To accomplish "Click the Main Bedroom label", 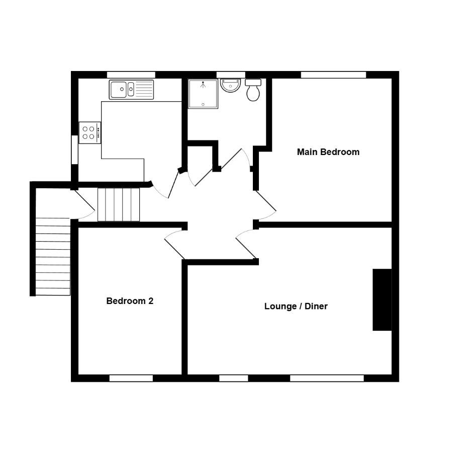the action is coord(328,152).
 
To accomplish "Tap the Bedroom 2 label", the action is coord(130,301).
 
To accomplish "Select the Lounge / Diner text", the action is coord(296,306).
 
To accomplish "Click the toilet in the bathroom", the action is coord(253,90).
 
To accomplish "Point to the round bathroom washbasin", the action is coord(230,85).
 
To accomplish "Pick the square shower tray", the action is coord(203,94).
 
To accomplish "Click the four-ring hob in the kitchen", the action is coord(90,133).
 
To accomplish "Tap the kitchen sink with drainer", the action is coord(131,90).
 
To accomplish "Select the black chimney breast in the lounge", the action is coord(382,299).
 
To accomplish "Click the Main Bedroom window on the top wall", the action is coord(334,75).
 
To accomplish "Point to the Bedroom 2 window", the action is coord(131,378).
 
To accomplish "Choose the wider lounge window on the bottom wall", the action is coord(327,378).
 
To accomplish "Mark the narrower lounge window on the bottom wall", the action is coord(234,378).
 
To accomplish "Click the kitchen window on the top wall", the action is coord(131,75).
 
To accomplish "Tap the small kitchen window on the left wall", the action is coord(74,150).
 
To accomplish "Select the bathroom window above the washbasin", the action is coord(231,75).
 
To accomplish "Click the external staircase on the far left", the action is coord(53,257).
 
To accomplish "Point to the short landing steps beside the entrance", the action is coord(119,205).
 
